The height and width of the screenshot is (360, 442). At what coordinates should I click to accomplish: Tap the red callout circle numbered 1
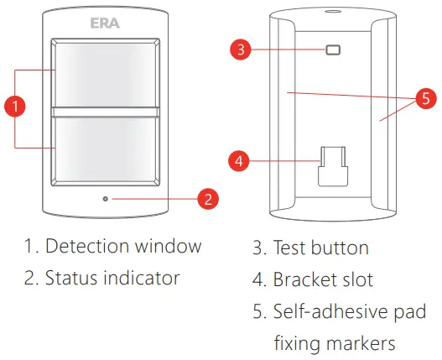(14, 106)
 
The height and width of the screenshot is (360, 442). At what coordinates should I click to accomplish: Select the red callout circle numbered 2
(207, 199)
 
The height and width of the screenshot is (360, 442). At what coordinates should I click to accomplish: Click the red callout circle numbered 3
(241, 50)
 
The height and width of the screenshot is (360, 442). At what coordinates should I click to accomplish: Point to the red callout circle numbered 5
(426, 98)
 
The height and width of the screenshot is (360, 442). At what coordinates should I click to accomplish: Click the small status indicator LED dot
(105, 199)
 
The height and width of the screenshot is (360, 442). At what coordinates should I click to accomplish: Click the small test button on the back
(333, 50)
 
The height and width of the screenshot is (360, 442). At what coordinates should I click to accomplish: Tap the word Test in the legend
(290, 248)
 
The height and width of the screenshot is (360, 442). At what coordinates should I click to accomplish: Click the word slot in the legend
(359, 279)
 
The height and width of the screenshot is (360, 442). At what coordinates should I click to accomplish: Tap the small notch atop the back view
(333, 12)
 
